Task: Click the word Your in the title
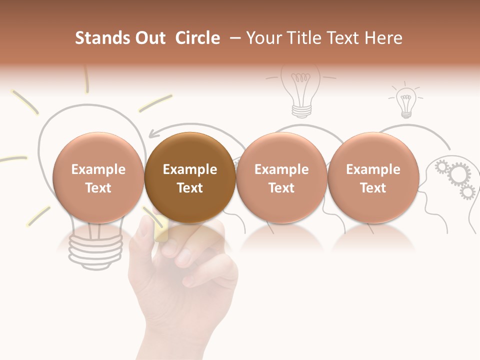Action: pos(262,38)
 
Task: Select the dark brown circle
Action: pos(190,177)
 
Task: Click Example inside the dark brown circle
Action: pos(190,169)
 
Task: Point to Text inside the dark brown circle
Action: pos(190,188)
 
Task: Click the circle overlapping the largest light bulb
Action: pos(98,177)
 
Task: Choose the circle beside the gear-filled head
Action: pos(373,177)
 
